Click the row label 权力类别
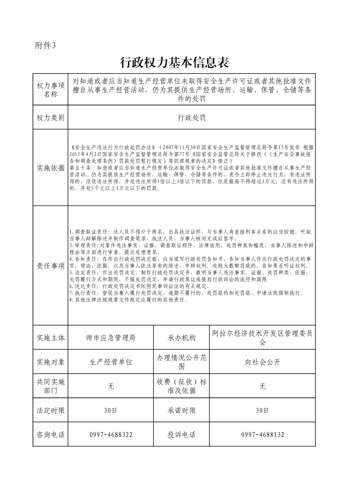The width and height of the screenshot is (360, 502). pos(50,118)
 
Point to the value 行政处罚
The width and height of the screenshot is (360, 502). pos(192,118)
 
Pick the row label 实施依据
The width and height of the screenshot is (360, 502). pos(50,168)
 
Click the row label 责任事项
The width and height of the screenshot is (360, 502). pos(50,265)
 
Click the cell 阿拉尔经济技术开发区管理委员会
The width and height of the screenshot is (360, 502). pos(262,338)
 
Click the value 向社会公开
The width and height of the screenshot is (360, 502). pos(262,362)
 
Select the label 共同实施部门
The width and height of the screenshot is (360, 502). pos(50,386)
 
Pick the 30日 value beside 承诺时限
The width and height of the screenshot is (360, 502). pos(262,410)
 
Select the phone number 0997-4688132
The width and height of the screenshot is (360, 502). pos(262,434)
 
